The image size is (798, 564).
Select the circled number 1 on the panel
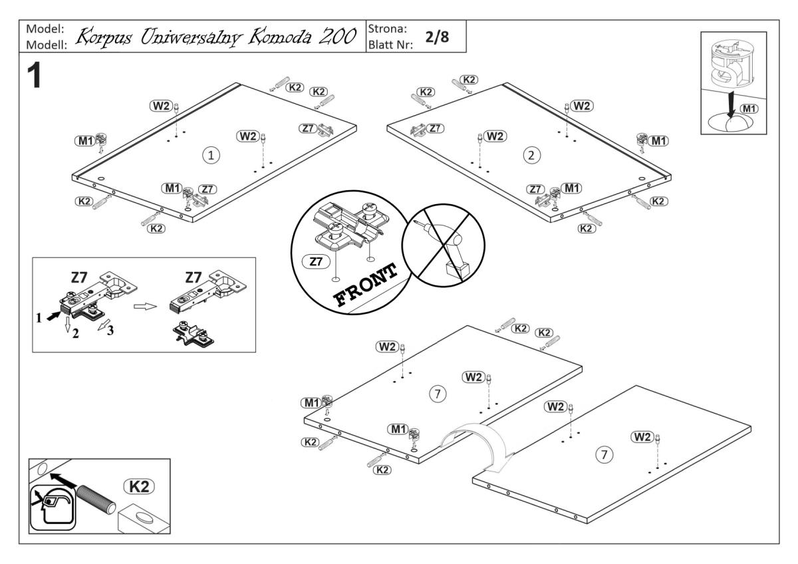pyautogui.click(x=211, y=155)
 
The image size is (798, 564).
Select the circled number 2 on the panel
pyautogui.click(x=531, y=155)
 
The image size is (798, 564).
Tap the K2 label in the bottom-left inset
pyautogui.click(x=138, y=487)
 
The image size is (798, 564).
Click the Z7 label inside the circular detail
pyautogui.click(x=313, y=262)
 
